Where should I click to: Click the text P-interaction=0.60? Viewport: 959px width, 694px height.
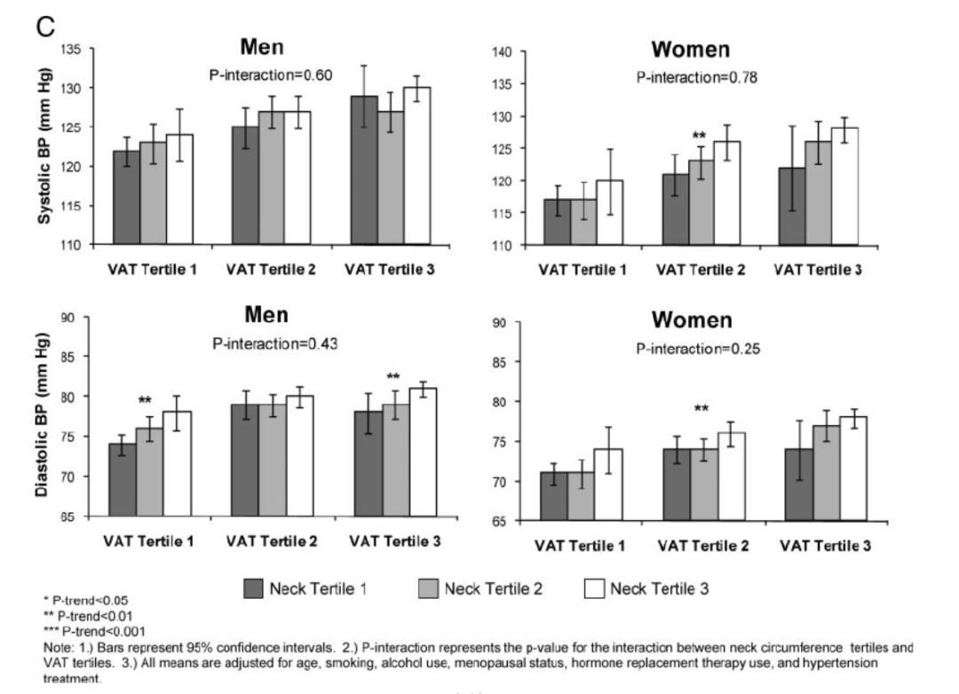pos(271,75)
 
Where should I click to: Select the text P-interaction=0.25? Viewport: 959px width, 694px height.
pos(698,348)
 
